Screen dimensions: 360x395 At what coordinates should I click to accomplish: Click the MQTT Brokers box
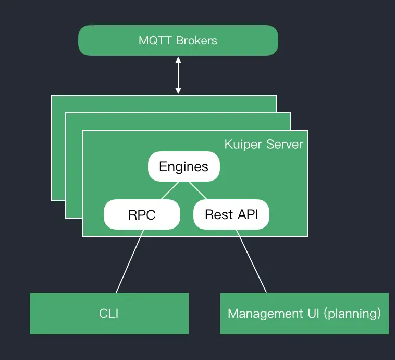[178, 40]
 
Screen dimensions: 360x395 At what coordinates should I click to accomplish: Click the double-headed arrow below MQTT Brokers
[178, 76]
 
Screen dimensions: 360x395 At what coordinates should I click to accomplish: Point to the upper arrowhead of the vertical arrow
[178, 61]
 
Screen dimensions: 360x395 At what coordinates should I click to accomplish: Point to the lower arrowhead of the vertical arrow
[178, 91]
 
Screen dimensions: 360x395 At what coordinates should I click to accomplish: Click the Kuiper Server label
[264, 144]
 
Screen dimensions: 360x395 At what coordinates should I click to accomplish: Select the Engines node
[183, 166]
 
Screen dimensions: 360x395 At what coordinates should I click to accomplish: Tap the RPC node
[142, 214]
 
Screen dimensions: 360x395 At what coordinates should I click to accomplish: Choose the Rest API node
[231, 214]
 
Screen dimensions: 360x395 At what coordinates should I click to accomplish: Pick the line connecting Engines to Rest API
[198, 190]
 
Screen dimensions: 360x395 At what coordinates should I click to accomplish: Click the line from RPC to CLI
[129, 261]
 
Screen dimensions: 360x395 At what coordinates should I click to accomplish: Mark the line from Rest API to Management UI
[252, 261]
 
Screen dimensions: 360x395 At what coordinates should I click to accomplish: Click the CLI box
[109, 314]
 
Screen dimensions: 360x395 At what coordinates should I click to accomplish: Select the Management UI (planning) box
[304, 314]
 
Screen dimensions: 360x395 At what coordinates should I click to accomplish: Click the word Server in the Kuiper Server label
[285, 144]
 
